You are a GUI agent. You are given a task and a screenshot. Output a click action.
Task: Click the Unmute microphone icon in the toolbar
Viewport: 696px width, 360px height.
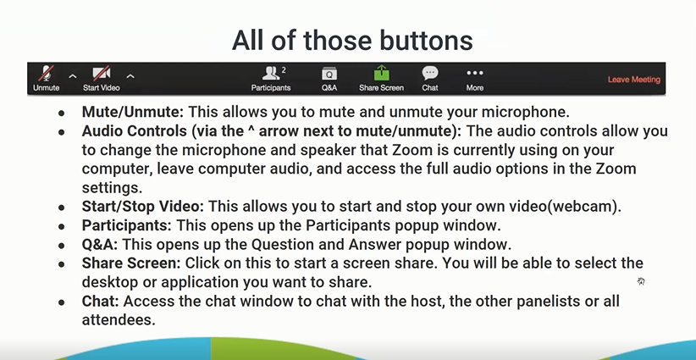[x=47, y=73]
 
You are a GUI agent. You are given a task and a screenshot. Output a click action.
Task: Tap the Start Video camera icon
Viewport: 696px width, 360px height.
[x=102, y=73]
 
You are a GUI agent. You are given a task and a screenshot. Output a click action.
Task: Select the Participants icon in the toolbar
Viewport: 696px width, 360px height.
[x=270, y=73]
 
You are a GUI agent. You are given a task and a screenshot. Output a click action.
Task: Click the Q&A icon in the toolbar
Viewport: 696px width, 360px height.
[x=329, y=74]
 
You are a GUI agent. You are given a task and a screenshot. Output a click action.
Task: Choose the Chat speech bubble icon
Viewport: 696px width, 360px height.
[x=429, y=73]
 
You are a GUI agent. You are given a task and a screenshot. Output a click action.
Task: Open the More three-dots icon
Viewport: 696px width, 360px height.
[x=474, y=73]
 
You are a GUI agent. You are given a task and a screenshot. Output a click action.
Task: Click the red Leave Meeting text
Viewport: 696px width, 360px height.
[x=634, y=80]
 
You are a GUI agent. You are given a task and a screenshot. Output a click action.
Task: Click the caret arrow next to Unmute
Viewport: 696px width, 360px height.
[x=72, y=76]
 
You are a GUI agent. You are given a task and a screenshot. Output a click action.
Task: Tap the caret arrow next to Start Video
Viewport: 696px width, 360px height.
[x=130, y=76]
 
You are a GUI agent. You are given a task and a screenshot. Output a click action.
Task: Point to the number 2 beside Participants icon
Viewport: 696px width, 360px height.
[x=284, y=69]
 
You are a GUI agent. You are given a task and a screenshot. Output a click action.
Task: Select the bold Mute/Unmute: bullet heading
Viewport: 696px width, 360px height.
[x=132, y=112]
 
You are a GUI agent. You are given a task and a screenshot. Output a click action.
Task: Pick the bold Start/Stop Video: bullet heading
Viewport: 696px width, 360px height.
[x=142, y=207]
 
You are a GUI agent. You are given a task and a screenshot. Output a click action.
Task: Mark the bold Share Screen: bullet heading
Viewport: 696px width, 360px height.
[x=131, y=263]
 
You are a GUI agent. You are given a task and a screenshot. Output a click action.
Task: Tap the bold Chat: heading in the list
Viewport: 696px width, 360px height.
[x=100, y=302]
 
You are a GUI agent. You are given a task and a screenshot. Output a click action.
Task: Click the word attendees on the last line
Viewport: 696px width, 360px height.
[x=119, y=320]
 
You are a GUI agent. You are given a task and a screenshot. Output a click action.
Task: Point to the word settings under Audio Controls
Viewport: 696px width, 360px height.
[x=112, y=188]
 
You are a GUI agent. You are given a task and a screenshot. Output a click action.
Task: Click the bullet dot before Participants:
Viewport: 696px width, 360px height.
[x=61, y=226]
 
